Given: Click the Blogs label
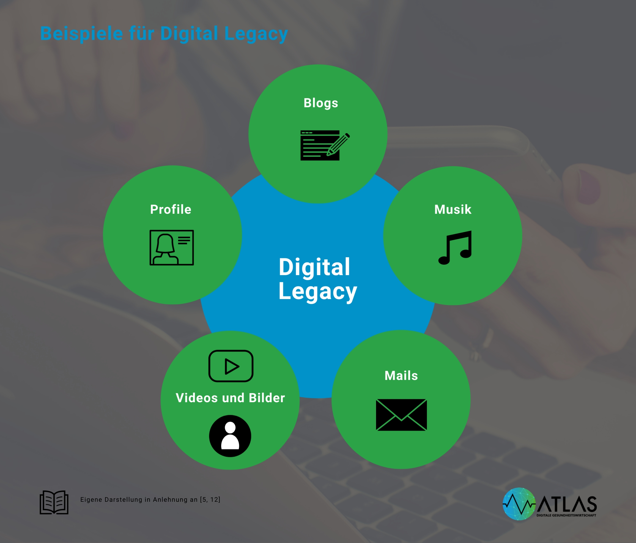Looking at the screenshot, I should tap(321, 103).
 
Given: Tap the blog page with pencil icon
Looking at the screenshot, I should tap(324, 146).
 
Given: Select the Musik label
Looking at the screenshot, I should tap(453, 210).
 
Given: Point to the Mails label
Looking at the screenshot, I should tap(401, 376).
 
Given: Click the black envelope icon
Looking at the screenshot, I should tap(401, 415).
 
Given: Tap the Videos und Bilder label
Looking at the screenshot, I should tap(230, 398).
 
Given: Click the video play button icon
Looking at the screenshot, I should tap(231, 366).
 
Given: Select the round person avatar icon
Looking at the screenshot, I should tap(230, 436).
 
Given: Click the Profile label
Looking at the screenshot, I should tap(171, 210).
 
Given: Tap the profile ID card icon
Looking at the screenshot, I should tap(172, 247).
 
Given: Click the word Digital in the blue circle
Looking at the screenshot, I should tap(314, 267).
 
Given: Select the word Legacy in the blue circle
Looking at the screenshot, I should tap(318, 292).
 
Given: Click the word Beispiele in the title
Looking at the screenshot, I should tap(81, 34).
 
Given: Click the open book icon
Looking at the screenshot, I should tap(54, 502).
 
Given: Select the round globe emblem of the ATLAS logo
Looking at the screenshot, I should tap(519, 504).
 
